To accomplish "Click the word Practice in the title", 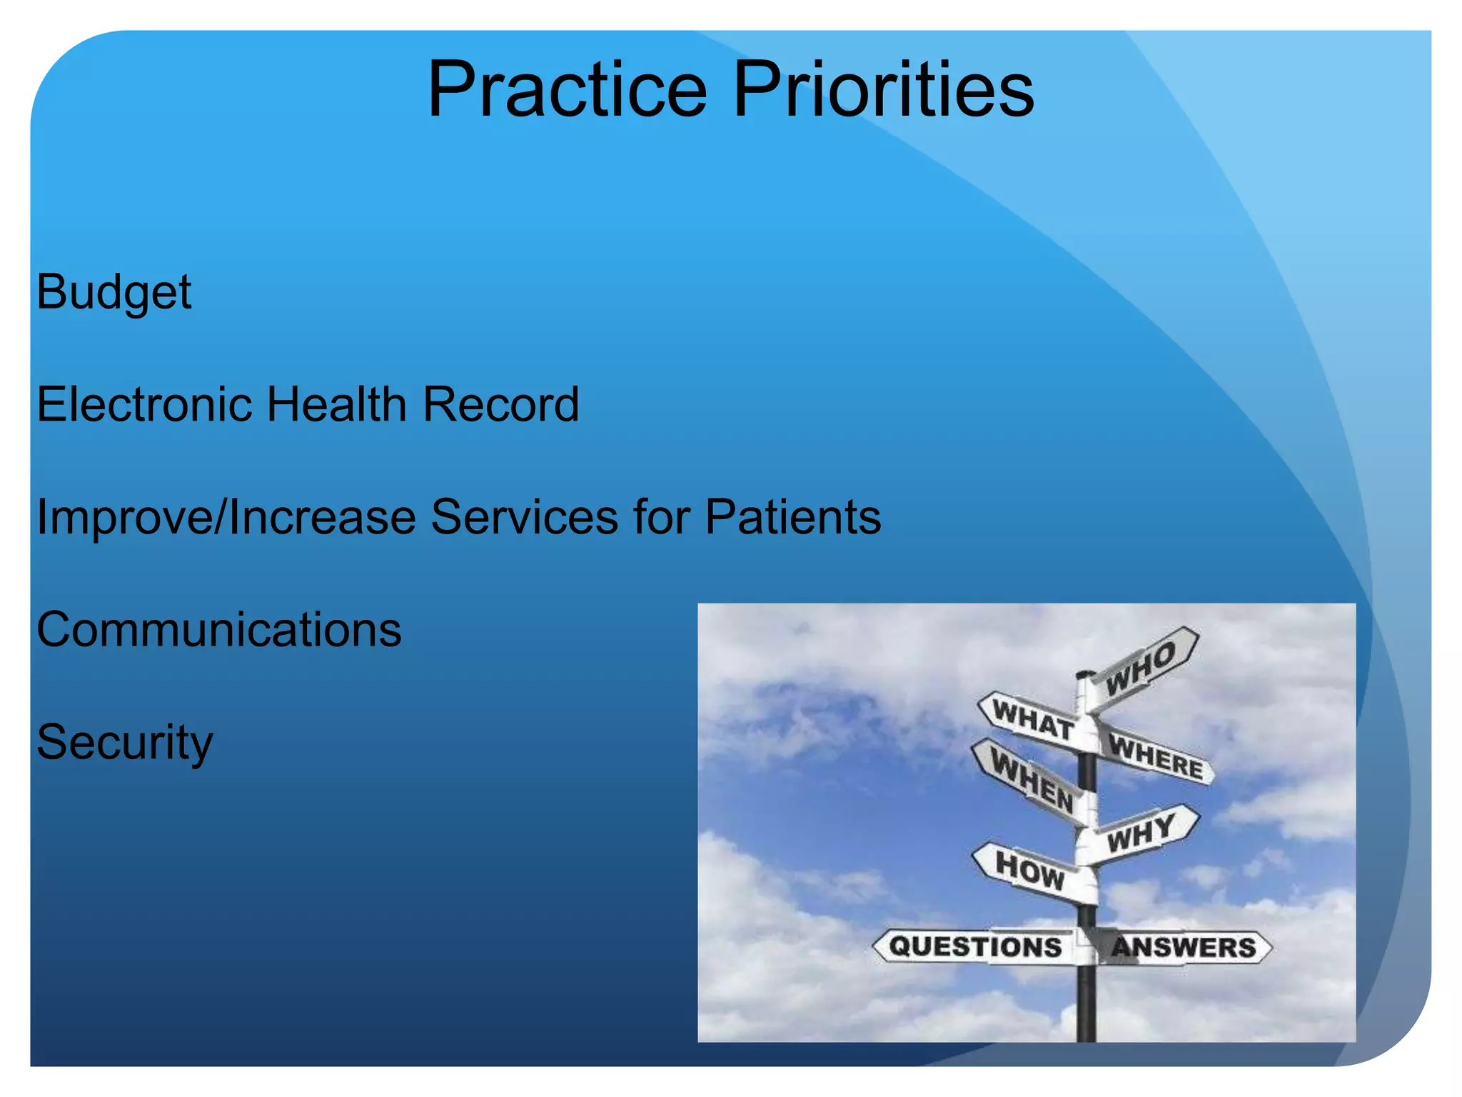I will (x=568, y=89).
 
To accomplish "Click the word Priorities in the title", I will (x=884, y=89).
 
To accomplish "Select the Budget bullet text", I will (x=114, y=293).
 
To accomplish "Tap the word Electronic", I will (x=145, y=404).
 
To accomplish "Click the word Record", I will (x=500, y=404).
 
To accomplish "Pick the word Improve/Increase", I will (x=226, y=517).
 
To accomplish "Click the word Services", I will (x=524, y=517).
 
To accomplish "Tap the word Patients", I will (x=792, y=517).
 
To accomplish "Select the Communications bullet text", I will (x=219, y=630).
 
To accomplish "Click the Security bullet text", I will (x=125, y=743).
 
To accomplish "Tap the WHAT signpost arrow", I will (x=1032, y=720).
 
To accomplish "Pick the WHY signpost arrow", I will (x=1141, y=833).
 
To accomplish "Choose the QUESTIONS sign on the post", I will (x=975, y=947).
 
